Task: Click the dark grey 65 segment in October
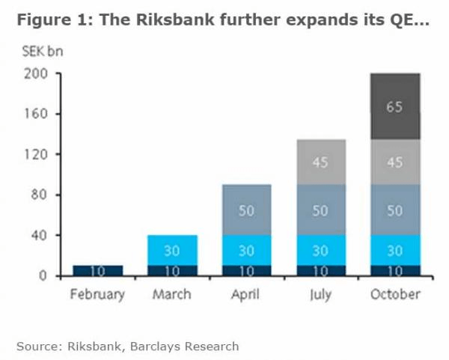click(x=395, y=106)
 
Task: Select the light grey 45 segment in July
click(x=320, y=162)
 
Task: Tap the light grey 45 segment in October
click(x=395, y=162)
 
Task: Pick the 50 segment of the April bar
click(x=246, y=210)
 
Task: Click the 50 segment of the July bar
click(x=320, y=210)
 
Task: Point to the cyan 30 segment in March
click(x=172, y=250)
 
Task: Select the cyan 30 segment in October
click(x=395, y=250)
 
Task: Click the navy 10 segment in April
click(x=246, y=270)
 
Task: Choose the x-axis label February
click(x=97, y=294)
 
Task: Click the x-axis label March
click(x=171, y=294)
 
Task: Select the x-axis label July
click(x=320, y=294)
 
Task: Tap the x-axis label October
click(x=395, y=294)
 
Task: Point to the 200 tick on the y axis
click(x=39, y=74)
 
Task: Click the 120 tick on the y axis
click(x=39, y=155)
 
